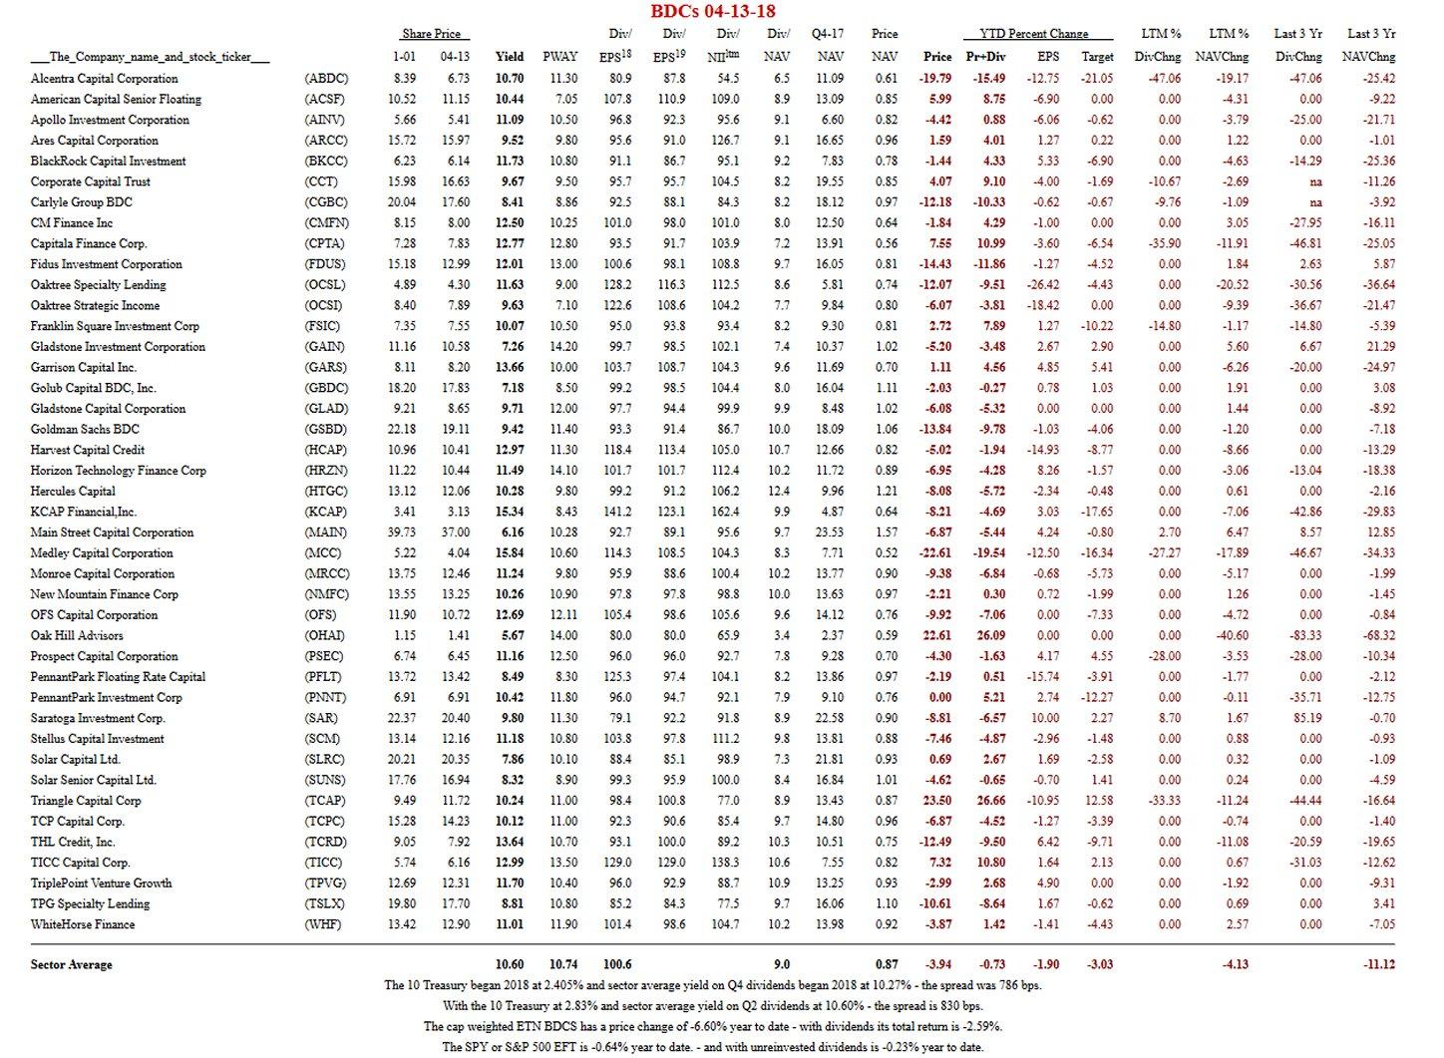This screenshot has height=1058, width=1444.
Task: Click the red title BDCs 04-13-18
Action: tap(712, 11)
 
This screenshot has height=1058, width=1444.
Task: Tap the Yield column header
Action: tap(510, 57)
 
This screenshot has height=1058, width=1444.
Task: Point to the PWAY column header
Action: tap(560, 57)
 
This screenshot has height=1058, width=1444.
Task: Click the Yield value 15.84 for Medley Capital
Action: tap(510, 553)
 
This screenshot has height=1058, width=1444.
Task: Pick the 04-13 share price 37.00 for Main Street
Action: tap(455, 532)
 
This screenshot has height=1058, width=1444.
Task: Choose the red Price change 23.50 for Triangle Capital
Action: tap(937, 801)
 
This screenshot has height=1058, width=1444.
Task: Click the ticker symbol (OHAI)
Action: tap(324, 636)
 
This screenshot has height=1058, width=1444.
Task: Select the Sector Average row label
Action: tap(72, 964)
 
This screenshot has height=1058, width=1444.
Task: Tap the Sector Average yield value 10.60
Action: tap(510, 964)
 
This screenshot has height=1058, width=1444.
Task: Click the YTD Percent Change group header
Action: tap(1033, 34)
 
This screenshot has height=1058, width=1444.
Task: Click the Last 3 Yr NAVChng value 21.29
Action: tap(1381, 347)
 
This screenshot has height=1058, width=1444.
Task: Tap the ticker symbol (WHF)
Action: tap(323, 924)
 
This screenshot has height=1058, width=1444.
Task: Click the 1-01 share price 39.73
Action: tap(404, 532)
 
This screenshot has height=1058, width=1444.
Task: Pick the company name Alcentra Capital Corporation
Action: tap(105, 79)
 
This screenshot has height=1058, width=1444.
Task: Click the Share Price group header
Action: tap(431, 34)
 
